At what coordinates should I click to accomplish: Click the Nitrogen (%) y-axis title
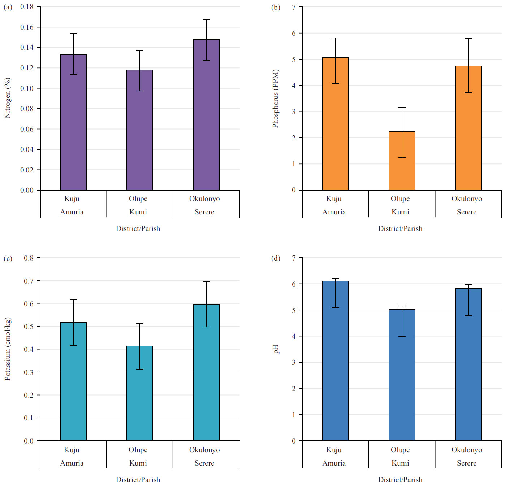pos(7,98)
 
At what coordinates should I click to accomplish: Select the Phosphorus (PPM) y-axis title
pos(275,99)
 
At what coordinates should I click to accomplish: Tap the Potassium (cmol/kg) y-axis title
pos(7,349)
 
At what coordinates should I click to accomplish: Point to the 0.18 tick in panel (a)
pos(27,7)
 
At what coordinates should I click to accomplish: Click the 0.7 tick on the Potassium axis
pos(29,281)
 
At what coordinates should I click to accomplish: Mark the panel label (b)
pos(276,7)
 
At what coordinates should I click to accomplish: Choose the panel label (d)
pos(276,258)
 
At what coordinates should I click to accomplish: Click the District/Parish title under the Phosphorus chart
pos(400,228)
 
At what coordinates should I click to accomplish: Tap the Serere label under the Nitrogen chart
pos(204,212)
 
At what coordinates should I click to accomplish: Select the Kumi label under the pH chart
pos(400,463)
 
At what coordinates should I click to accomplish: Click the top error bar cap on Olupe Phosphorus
pos(402,108)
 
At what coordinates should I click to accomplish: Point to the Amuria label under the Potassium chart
pos(72,463)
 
